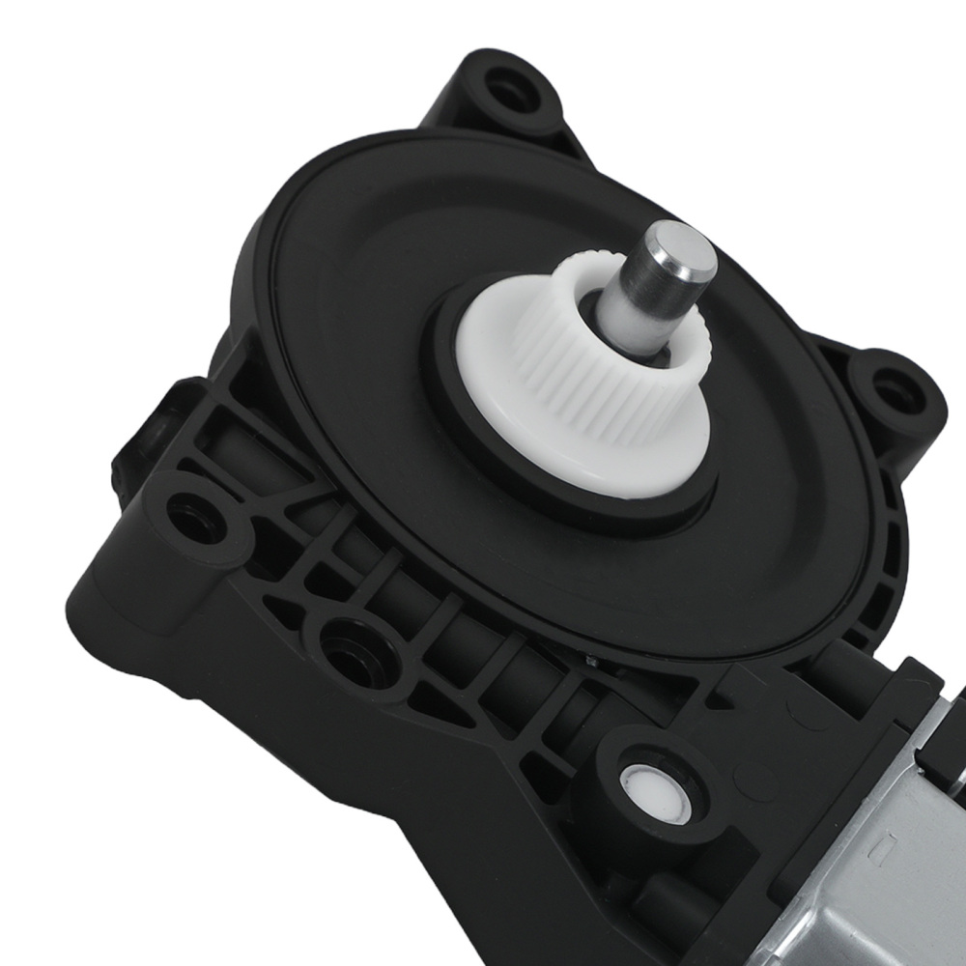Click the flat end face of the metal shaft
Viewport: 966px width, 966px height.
point(680,248)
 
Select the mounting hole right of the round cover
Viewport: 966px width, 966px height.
point(888,391)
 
